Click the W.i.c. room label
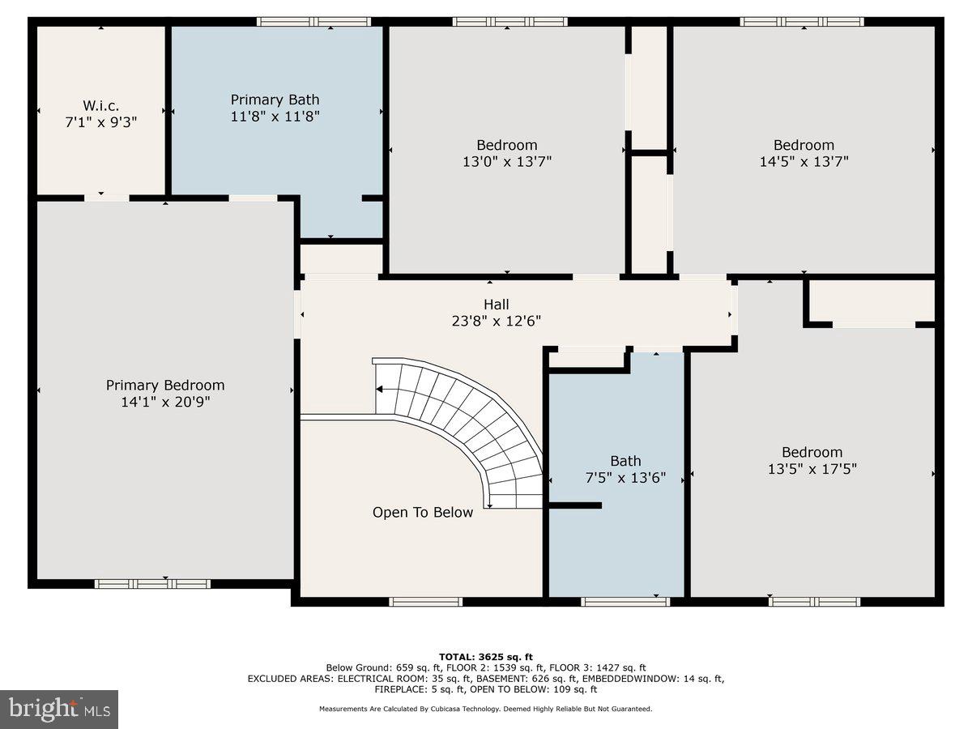(100, 105)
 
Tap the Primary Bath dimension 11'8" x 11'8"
(275, 116)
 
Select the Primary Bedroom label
(165, 385)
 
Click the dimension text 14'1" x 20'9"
(165, 401)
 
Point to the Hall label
(497, 304)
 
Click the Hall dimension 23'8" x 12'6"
(497, 321)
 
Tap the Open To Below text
(423, 512)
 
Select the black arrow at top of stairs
(379, 390)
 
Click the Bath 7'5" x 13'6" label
(625, 469)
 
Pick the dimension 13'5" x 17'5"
(812, 468)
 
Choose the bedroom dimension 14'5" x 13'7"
(804, 161)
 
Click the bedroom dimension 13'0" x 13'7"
(506, 161)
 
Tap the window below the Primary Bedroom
(152, 583)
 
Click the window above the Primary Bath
(313, 22)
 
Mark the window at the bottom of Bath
(625, 602)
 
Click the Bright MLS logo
(59, 709)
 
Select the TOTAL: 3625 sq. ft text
(486, 656)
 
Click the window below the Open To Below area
(426, 602)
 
